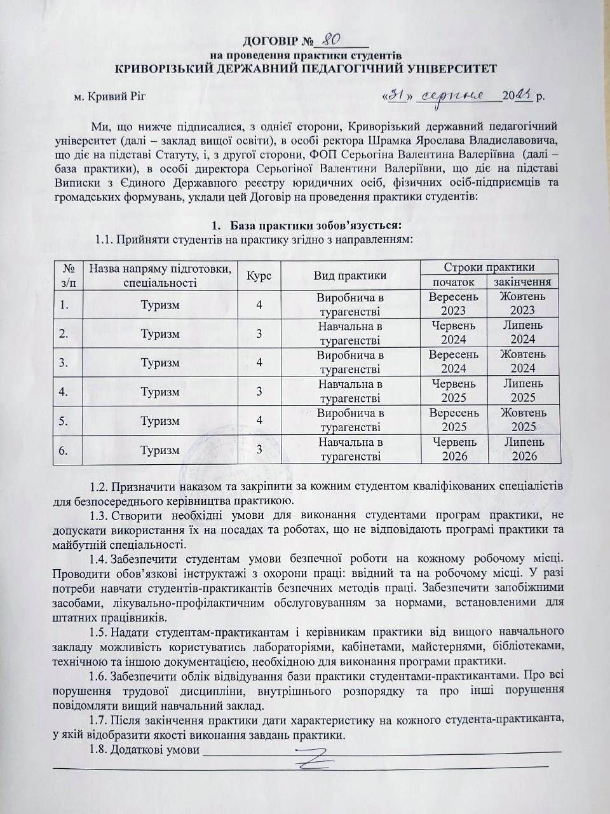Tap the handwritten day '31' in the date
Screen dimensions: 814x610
click(x=397, y=95)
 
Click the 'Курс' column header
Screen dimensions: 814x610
click(x=259, y=275)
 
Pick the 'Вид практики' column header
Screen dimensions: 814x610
click(x=349, y=275)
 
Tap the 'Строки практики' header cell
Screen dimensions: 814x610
click(x=489, y=267)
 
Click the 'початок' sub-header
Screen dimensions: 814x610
click(x=453, y=282)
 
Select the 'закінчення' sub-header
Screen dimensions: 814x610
click(x=522, y=282)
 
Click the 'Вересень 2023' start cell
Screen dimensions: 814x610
click(x=454, y=304)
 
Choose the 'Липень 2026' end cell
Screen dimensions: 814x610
click(x=522, y=449)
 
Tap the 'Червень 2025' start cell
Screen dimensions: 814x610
click(x=454, y=390)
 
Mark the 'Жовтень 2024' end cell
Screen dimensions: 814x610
click(x=522, y=362)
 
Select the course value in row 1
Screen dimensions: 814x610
click(x=259, y=305)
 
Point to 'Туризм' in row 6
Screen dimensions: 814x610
click(x=160, y=450)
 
